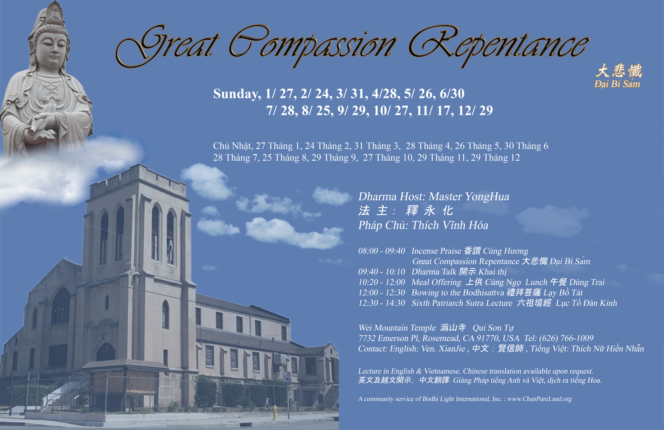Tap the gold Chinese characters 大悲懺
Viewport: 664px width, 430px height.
tap(619, 71)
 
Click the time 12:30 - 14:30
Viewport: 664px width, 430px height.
tap(381, 303)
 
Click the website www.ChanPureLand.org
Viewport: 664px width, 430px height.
tap(539, 399)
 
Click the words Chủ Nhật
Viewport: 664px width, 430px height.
tap(233, 146)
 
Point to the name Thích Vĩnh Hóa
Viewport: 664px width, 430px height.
tap(450, 225)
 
